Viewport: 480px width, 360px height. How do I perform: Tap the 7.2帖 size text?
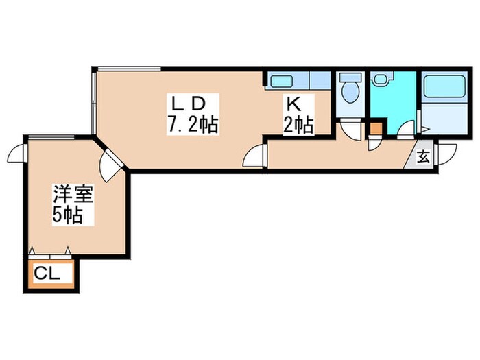192,125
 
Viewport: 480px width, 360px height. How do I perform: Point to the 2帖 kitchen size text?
299,125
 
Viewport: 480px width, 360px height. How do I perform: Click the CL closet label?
47,275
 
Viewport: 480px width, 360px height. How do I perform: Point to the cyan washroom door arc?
407,129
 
